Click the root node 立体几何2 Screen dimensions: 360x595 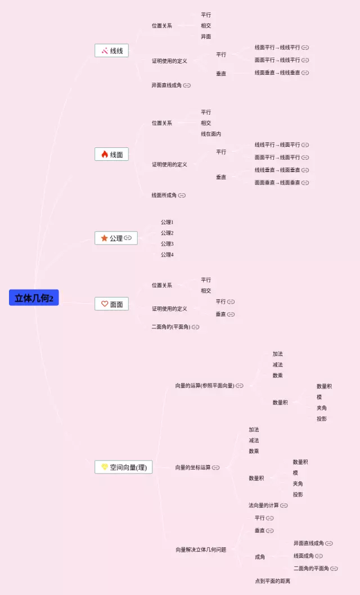tap(34, 297)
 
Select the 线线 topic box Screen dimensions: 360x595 tap(111, 51)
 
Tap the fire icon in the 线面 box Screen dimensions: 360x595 tap(105, 155)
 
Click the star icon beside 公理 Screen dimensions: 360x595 tap(104, 238)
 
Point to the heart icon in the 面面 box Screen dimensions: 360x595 tap(105, 304)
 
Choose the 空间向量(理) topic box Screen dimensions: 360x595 tap(123, 467)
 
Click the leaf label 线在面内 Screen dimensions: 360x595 tap(211, 134)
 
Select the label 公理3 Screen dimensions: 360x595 tap(167, 244)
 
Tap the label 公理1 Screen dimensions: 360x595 tap(167, 222)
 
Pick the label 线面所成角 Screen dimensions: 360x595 tap(164, 195)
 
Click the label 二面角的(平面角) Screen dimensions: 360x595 tap(171, 327)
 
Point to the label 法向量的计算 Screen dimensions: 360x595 tap(264, 506)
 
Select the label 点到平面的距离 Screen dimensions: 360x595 tap(272, 581)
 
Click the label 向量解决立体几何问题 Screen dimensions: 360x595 tap(201, 549)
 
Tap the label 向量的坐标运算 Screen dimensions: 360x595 tap(193, 467)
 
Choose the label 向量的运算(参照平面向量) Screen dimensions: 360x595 tap(204, 386)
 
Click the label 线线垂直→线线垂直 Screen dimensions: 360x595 tap(277, 73)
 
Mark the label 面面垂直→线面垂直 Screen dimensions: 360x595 tap(277, 183)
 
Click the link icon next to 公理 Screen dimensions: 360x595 tap(128, 238)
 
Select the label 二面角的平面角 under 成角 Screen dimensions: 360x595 tap(311, 569)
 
